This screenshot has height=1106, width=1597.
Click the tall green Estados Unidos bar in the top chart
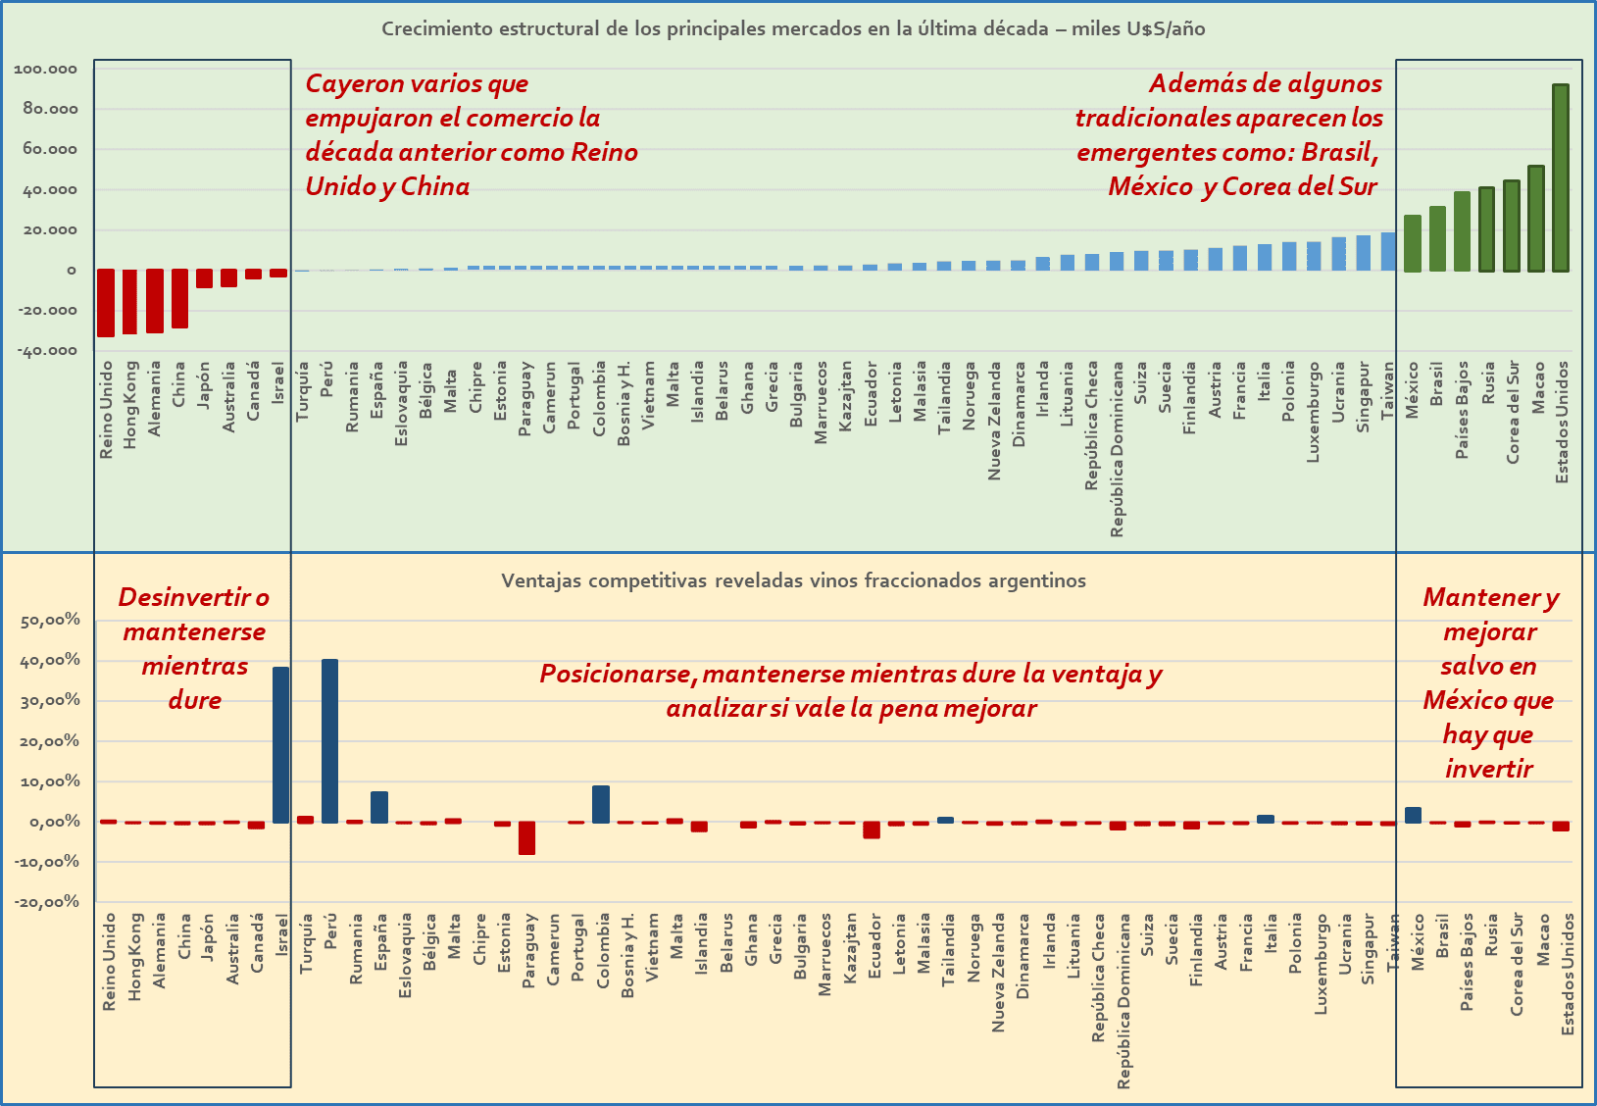pyautogui.click(x=1561, y=177)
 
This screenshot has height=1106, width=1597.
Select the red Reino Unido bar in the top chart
pyautogui.click(x=106, y=302)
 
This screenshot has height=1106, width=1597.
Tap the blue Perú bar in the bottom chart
pyautogui.click(x=329, y=741)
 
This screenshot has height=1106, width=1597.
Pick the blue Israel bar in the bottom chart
pyautogui.click(x=280, y=745)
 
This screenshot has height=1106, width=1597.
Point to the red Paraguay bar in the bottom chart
pyautogui.click(x=527, y=838)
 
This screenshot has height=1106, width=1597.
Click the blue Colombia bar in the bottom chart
pyautogui.click(x=601, y=804)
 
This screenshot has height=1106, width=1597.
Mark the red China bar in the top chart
pyautogui.click(x=179, y=298)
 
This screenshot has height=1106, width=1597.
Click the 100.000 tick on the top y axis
pyautogui.click(x=46, y=70)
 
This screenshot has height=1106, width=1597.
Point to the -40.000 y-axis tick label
pyautogui.click(x=46, y=351)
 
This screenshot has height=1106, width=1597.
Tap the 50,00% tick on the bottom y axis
pyautogui.click(x=47, y=621)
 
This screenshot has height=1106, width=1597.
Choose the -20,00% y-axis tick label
pyautogui.click(x=47, y=902)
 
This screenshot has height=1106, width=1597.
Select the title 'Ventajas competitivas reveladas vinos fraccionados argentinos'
pyautogui.click(x=793, y=581)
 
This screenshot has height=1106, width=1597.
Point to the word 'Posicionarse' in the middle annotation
pyautogui.click(x=618, y=675)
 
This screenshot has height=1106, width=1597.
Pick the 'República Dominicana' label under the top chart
pyautogui.click(x=1117, y=449)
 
